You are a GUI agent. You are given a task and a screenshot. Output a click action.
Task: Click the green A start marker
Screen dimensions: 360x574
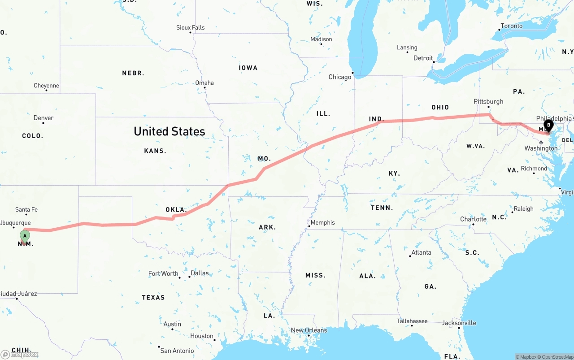(x=25, y=235)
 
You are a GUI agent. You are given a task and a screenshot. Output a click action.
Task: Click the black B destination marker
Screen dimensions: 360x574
(x=548, y=125)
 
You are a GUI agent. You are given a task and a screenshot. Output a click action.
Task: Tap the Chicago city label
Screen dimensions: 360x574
(x=340, y=77)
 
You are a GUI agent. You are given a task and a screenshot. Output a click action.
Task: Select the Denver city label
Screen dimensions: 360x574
(x=43, y=118)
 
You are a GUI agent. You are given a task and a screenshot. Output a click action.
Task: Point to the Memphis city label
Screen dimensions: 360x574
(x=322, y=222)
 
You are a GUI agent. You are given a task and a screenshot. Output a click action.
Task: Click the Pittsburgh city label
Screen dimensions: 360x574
(x=488, y=101)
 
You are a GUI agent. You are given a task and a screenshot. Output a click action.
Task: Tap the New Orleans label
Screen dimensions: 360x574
(x=309, y=330)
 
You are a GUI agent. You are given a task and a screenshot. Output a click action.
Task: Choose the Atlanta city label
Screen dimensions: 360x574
(x=421, y=252)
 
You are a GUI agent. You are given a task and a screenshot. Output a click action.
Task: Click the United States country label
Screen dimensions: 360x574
(x=170, y=131)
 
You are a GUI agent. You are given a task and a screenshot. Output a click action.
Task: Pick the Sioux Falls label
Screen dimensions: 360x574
(x=190, y=27)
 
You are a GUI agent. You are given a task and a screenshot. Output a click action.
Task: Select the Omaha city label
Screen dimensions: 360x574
(x=204, y=82)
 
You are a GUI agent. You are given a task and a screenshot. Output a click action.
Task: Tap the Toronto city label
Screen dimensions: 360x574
(x=512, y=26)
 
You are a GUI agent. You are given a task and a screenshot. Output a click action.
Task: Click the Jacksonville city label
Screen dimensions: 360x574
(x=459, y=323)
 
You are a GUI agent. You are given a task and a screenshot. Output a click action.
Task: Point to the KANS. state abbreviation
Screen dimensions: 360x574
(x=155, y=151)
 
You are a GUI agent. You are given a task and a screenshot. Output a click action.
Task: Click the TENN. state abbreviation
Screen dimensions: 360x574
(x=382, y=208)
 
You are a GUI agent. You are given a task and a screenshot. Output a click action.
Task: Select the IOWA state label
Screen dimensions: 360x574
(x=248, y=68)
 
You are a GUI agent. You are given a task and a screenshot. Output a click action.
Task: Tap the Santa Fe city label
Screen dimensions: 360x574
(x=26, y=209)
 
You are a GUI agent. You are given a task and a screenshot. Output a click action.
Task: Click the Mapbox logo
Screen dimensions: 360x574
(x=20, y=354)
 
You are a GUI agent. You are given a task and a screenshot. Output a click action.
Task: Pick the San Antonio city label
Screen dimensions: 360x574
(x=177, y=351)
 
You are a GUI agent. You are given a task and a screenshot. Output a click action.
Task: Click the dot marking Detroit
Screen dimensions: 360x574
(x=433, y=62)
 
